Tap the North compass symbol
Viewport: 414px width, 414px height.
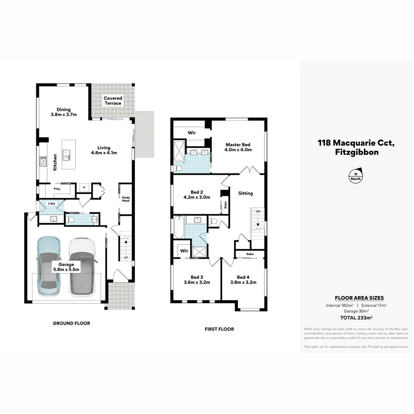pyautogui.click(x=355, y=175)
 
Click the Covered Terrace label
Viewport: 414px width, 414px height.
pyautogui.click(x=113, y=101)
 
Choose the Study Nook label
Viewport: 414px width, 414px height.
pyautogui.click(x=126, y=199)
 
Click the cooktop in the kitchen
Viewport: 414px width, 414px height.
pyautogui.click(x=43, y=163)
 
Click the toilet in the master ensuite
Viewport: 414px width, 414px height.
pyautogui.click(x=178, y=168)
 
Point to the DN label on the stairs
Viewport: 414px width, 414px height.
pyautogui.click(x=258, y=211)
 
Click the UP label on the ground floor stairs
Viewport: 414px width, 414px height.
pyautogui.click(x=125, y=258)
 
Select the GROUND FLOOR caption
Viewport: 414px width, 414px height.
pyautogui.click(x=71, y=323)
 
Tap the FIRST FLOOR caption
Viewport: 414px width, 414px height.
pyautogui.click(x=219, y=329)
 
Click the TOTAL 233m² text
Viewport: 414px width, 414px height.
pyautogui.click(x=356, y=317)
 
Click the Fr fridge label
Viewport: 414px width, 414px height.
pyautogui.click(x=84, y=188)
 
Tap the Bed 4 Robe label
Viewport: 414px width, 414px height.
pyautogui.click(x=250, y=254)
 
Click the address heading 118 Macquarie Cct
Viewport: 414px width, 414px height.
pyautogui.click(x=355, y=143)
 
